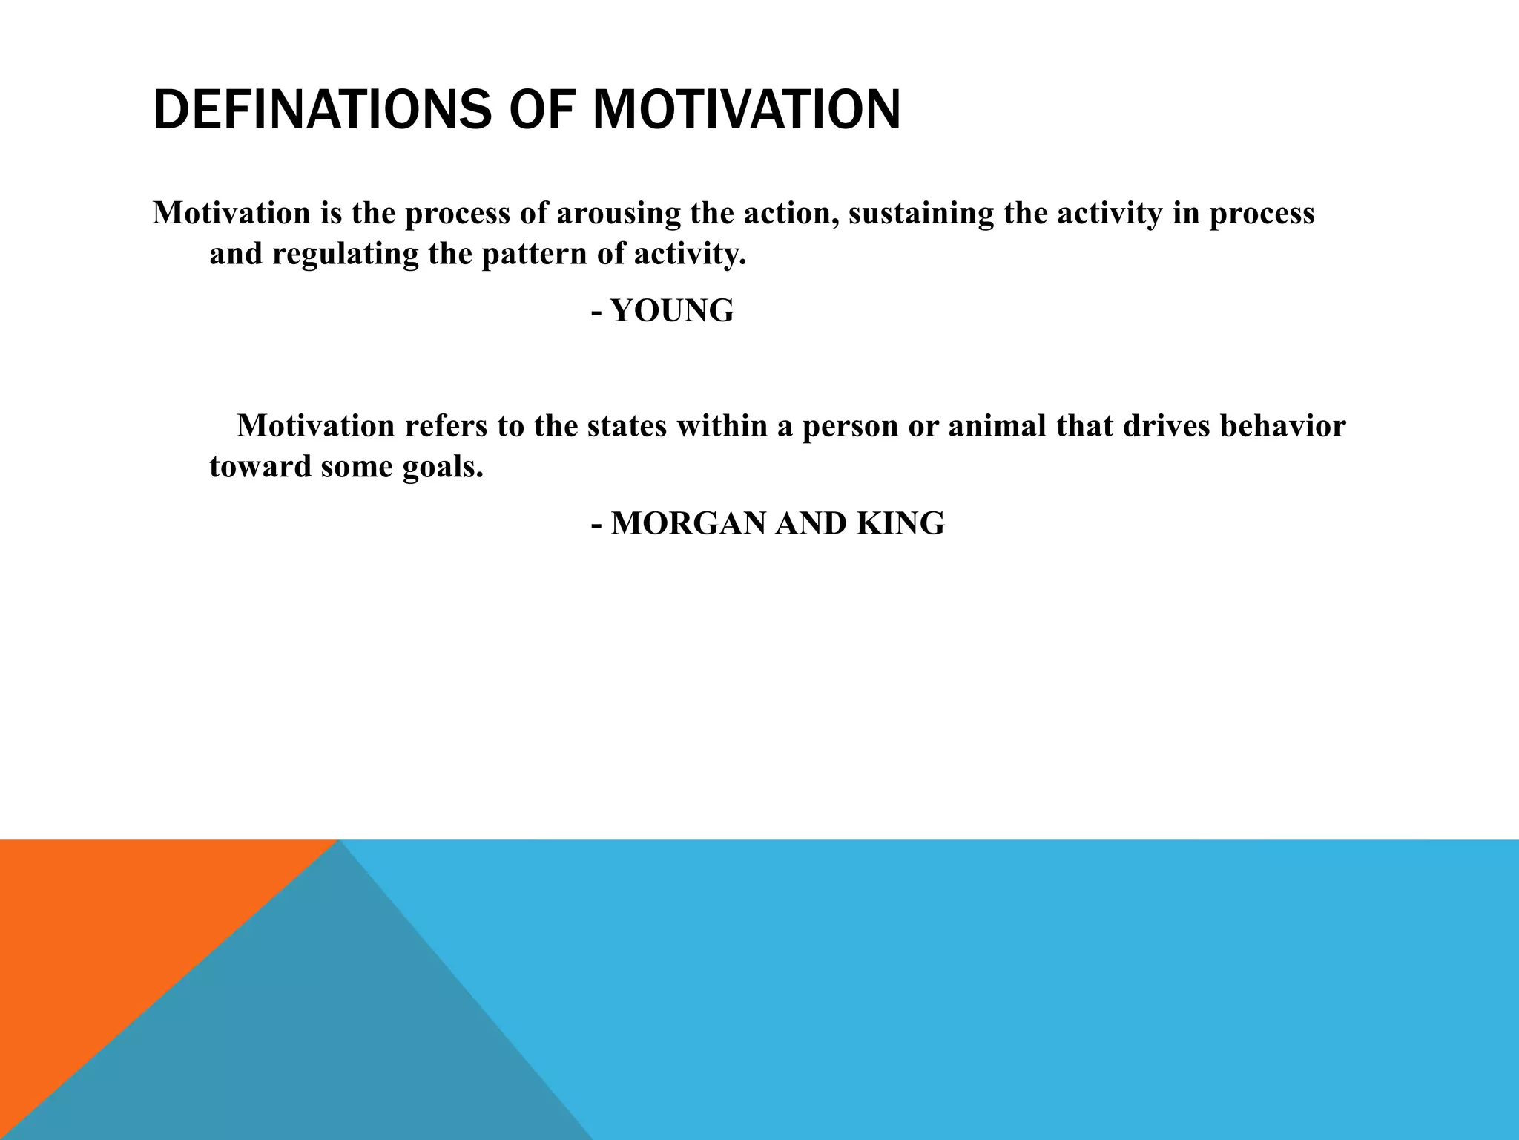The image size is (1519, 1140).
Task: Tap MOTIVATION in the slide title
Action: coord(746,110)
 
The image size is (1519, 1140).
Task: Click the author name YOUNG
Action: coord(672,310)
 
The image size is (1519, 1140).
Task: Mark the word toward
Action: coord(260,467)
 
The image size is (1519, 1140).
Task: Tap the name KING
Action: coord(900,524)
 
